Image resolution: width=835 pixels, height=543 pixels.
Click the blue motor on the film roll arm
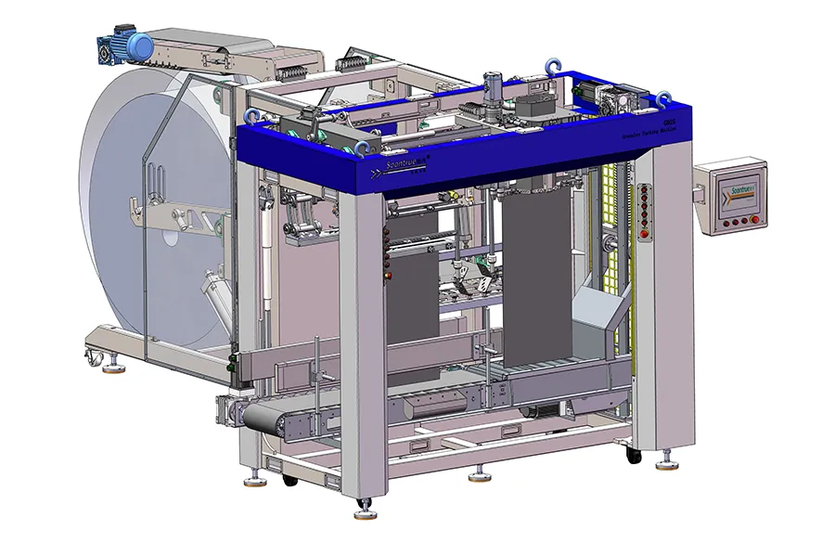[x=140, y=44]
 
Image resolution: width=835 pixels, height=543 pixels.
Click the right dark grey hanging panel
[x=533, y=278]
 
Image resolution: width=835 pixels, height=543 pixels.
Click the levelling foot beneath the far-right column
[x=666, y=458]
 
